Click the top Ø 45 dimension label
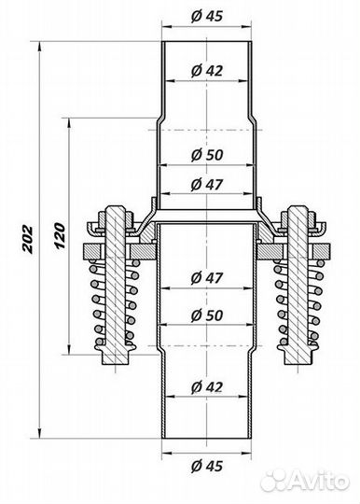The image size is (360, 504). coord(207,16)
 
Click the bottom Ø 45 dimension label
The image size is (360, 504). coord(207,466)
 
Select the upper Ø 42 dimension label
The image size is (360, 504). coord(207,70)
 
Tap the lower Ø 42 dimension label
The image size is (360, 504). coord(207,386)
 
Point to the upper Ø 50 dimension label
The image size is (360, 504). coord(207,155)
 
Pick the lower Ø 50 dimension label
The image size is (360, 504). coord(207,315)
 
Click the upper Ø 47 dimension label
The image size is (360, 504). coord(207,185)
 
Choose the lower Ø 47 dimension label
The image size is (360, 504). coord(207,277)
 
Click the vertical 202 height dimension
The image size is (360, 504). coord(27,240)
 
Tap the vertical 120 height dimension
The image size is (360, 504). coord(60,235)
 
